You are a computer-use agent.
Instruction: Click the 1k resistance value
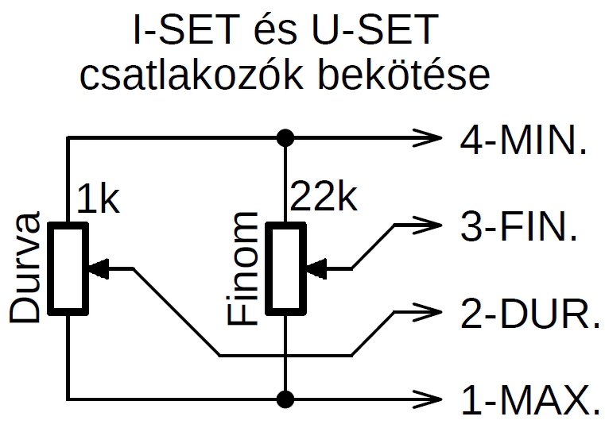[x=99, y=200]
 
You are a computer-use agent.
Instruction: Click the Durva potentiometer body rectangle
[x=68, y=268]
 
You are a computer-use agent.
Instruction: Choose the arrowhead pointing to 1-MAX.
[x=429, y=396]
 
